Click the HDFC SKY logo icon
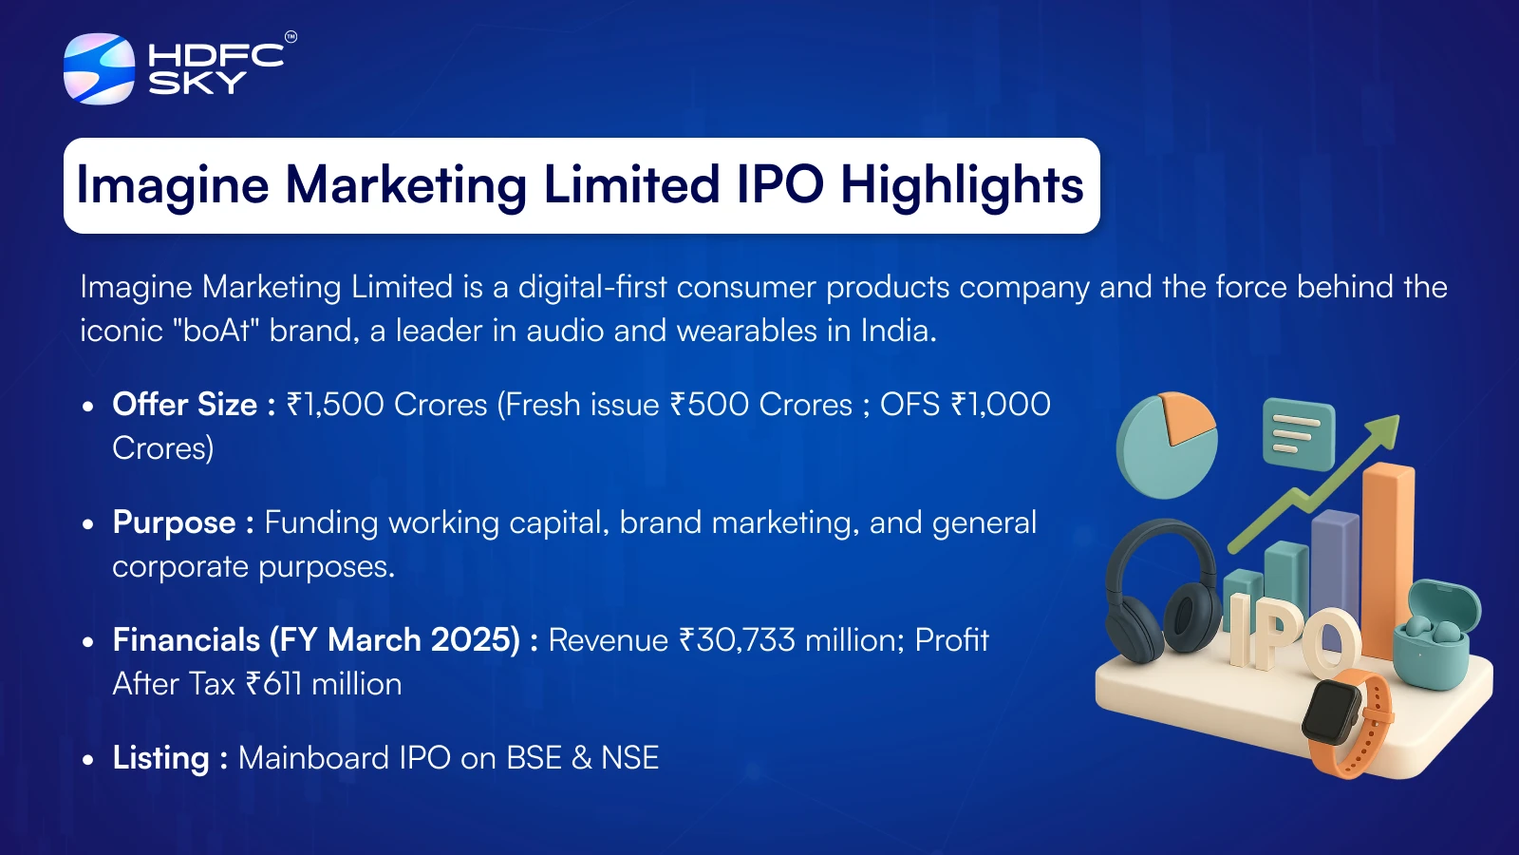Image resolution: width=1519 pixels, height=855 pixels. coord(99,68)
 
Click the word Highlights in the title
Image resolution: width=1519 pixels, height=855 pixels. coord(963,185)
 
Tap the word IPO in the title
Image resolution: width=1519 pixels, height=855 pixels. coord(779,184)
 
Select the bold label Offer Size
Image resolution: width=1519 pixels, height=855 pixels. coord(184,405)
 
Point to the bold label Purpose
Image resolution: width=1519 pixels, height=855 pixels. coord(175,523)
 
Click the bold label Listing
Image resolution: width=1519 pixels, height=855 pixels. coord(160,758)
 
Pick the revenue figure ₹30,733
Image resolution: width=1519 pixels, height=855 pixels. coord(737,640)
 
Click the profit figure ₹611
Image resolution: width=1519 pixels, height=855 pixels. coord(273,684)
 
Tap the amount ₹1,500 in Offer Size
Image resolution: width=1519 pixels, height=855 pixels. coord(335,405)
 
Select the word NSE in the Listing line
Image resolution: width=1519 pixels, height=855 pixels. coord(630,758)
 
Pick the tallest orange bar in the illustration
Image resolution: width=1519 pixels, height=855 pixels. coord(1387,560)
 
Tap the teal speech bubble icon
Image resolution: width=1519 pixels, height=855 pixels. coord(1299,433)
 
